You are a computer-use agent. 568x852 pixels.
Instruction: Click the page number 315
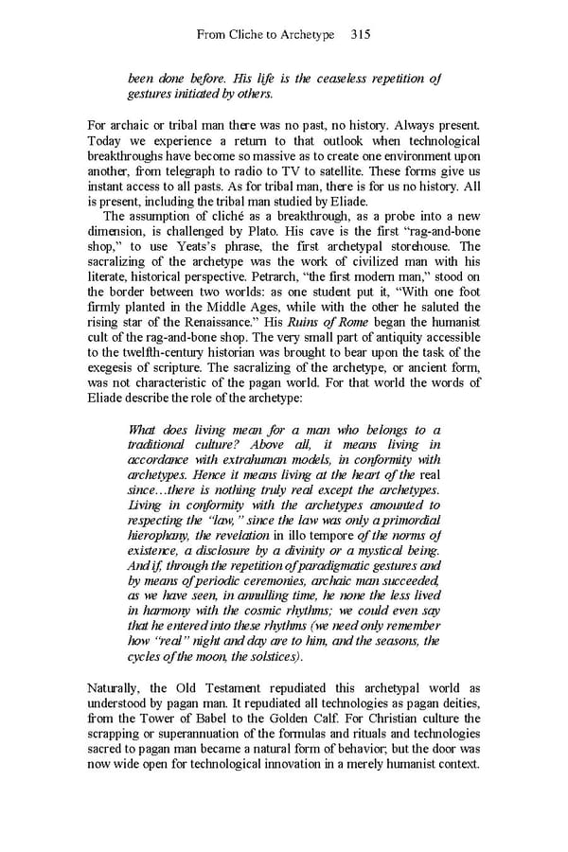pos(359,34)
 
